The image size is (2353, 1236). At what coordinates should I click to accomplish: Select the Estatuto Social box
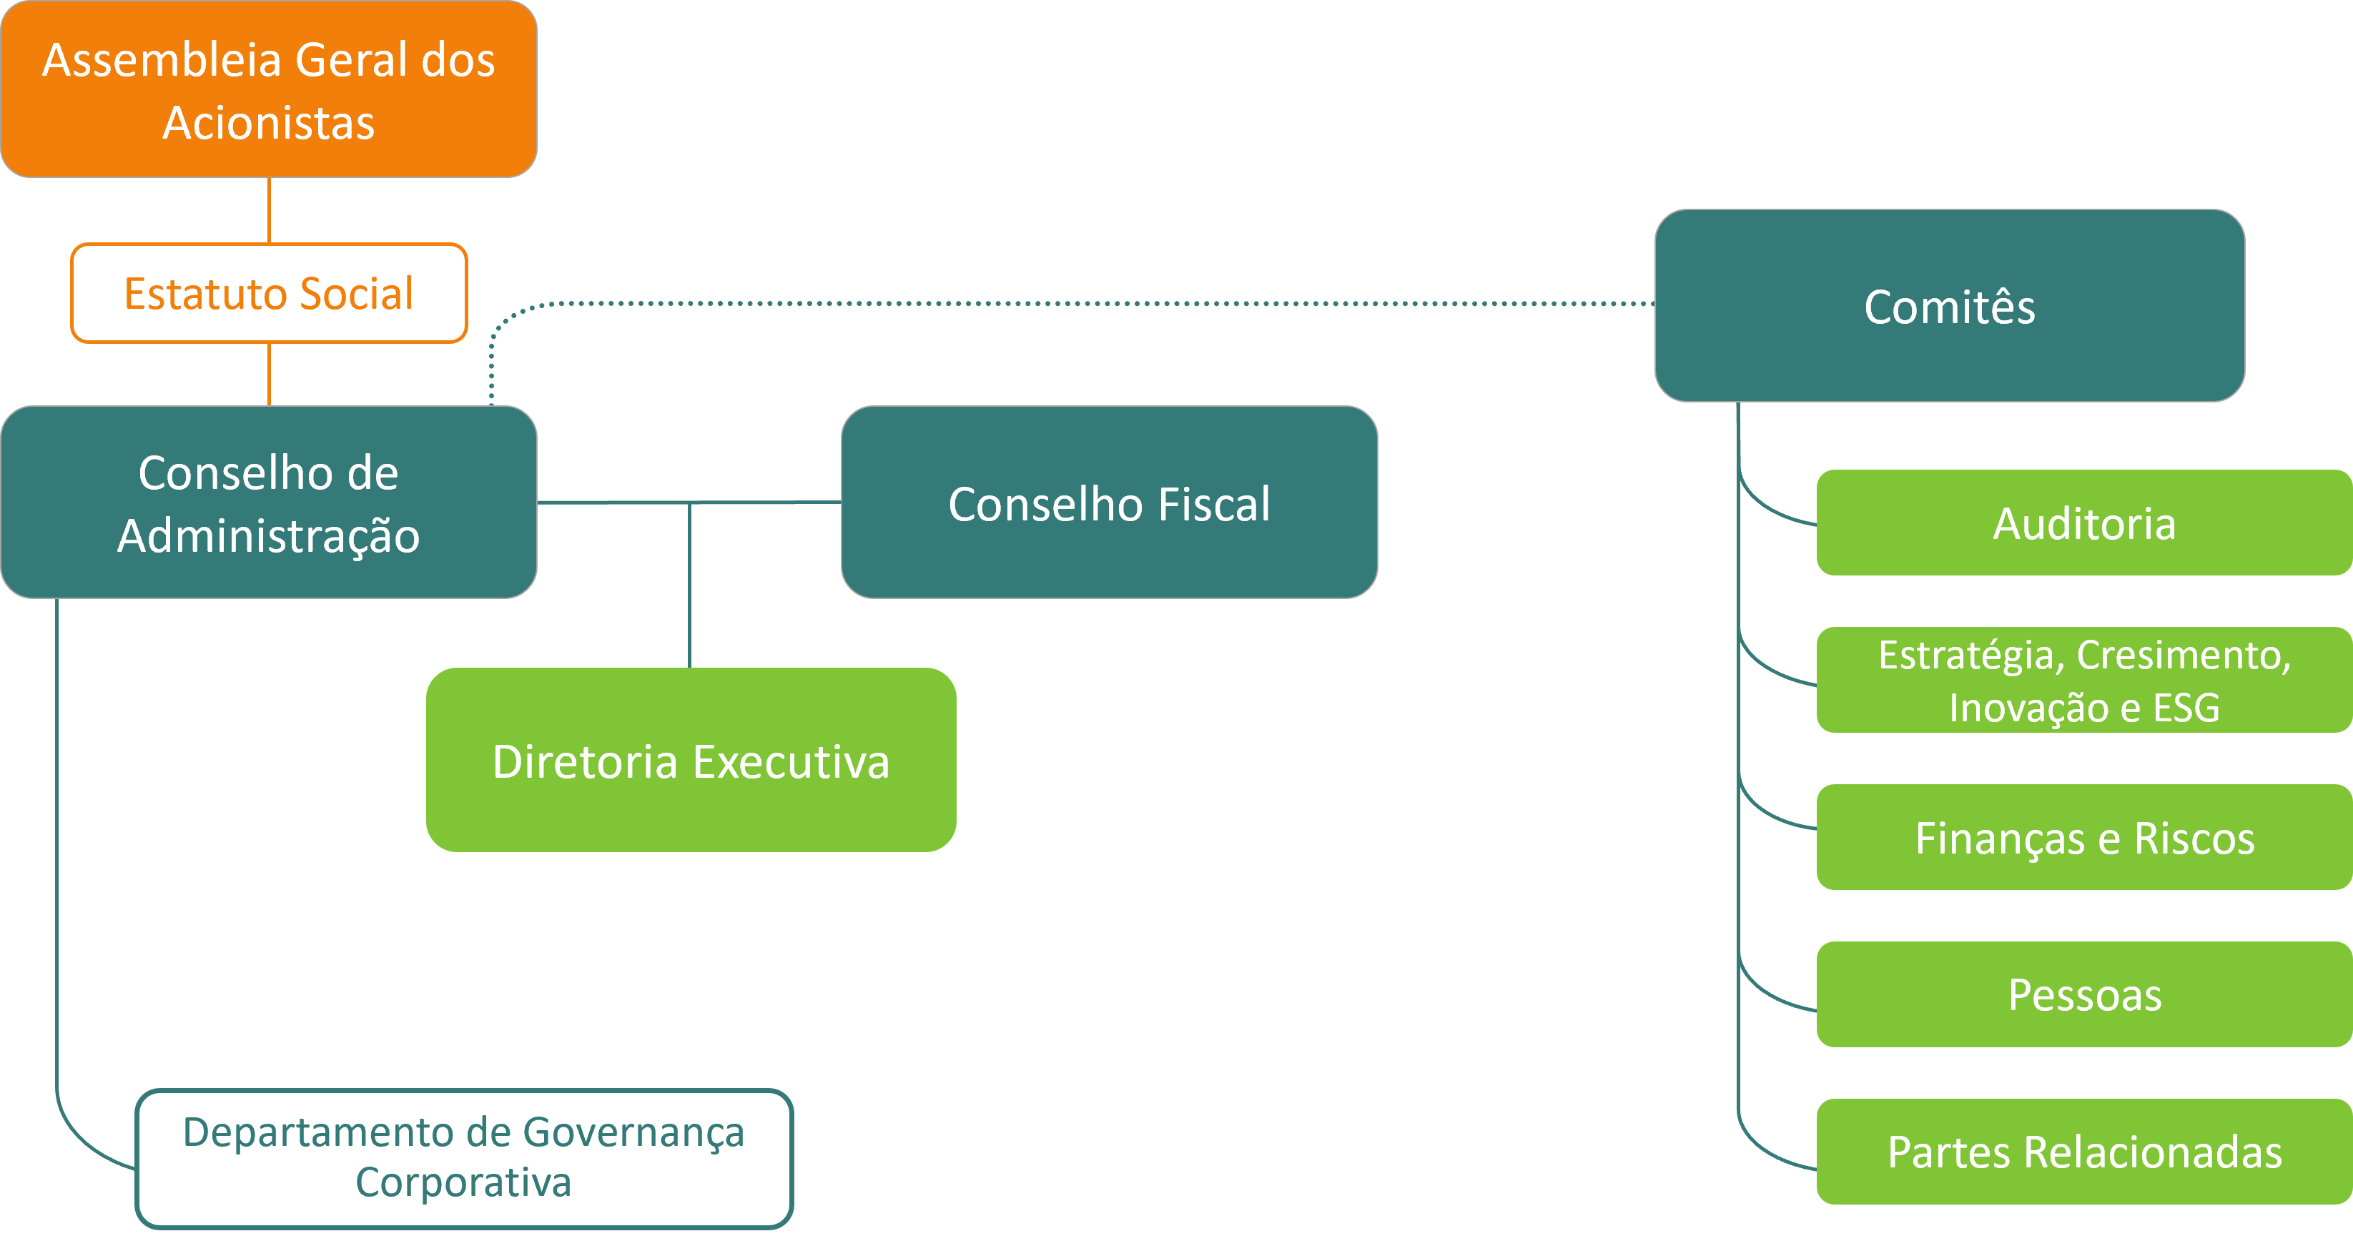[x=269, y=293]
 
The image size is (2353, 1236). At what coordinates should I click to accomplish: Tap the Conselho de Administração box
[x=269, y=503]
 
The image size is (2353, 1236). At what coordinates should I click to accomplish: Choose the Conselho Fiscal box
[x=1109, y=503]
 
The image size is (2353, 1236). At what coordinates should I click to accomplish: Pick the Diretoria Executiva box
[x=691, y=760]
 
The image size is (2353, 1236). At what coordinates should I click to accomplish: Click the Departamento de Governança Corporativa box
[x=464, y=1157]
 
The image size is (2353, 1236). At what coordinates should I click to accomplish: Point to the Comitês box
[x=1949, y=306]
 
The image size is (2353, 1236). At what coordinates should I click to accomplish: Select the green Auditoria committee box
[x=2083, y=523]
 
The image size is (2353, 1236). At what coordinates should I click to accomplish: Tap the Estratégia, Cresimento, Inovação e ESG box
[x=2083, y=680]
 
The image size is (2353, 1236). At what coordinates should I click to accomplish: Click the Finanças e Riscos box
[x=2083, y=837]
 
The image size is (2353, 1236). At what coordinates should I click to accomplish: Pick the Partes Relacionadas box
[x=2083, y=1151]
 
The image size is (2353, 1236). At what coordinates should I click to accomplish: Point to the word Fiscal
[x=1214, y=504]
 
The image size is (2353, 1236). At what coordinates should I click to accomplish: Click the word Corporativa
[x=463, y=1182]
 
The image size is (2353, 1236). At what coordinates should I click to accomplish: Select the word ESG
[x=2186, y=708]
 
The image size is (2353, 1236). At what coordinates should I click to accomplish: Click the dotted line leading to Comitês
[x=1096, y=303]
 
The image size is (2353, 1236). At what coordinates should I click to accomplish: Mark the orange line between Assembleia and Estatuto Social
[x=269, y=210]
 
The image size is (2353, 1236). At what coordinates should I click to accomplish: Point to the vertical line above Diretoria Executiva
[x=690, y=585]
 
